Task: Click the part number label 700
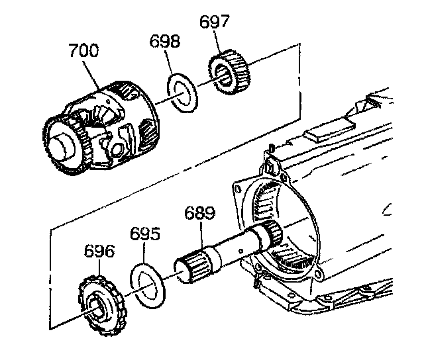(83, 51)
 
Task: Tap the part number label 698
(165, 42)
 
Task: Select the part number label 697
(215, 22)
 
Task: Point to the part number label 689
(199, 213)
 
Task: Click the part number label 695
(144, 235)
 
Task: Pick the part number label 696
(99, 252)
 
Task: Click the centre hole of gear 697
(225, 78)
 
